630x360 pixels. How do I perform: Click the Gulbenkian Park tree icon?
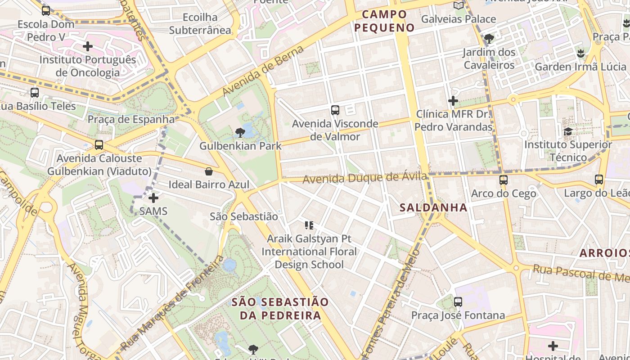click(240, 132)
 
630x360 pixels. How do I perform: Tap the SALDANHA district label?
click(433, 207)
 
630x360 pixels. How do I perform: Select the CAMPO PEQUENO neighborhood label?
click(384, 21)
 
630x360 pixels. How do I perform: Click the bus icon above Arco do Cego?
click(503, 180)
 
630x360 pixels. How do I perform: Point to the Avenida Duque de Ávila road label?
click(364, 178)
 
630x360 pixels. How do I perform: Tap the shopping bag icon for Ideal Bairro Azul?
click(209, 171)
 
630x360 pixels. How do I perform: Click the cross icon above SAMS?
click(153, 198)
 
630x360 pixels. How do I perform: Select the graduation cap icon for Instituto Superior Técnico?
click(568, 131)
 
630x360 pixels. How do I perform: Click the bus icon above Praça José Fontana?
click(458, 302)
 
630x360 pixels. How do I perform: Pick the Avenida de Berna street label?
click(263, 71)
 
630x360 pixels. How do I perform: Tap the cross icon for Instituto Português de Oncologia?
click(88, 46)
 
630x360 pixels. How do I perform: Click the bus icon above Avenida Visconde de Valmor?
click(335, 110)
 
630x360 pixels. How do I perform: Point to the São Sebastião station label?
click(244, 216)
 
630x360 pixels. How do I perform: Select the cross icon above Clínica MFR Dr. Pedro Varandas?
click(453, 101)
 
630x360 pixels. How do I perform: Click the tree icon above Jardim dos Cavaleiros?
click(489, 39)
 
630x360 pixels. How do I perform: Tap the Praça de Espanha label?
click(131, 119)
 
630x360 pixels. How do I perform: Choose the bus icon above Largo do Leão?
click(599, 180)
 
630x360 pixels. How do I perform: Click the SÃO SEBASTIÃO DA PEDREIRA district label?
click(280, 308)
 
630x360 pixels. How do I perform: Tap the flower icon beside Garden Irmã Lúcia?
click(580, 54)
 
